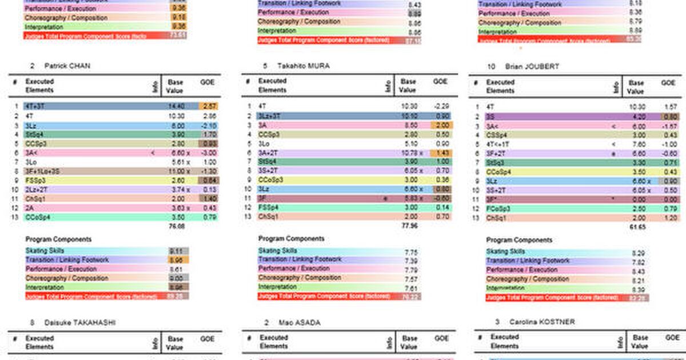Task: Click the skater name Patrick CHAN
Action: pyautogui.click(x=67, y=66)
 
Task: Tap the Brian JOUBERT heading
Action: pyautogui.click(x=531, y=67)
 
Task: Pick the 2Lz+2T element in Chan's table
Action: pyautogui.click(x=38, y=189)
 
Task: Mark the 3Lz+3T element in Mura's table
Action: pyautogui.click(x=269, y=115)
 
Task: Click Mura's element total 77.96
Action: pyautogui.click(x=410, y=226)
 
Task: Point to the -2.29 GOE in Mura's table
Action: pyautogui.click(x=440, y=106)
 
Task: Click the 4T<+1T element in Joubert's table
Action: pyautogui.click(x=499, y=144)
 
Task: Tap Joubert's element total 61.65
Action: pyautogui.click(x=638, y=227)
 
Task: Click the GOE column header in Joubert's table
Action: pyautogui.click(x=668, y=83)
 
